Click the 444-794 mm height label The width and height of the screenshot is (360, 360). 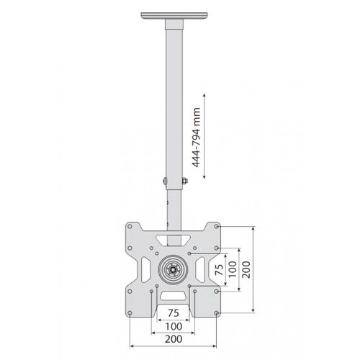(x=197, y=138)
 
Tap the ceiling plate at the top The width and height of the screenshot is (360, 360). (x=174, y=16)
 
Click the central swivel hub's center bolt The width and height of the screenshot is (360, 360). (x=173, y=270)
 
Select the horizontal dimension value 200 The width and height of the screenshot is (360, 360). (x=174, y=339)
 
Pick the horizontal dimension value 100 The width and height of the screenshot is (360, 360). (x=174, y=326)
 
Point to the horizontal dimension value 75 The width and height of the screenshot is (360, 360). (x=174, y=313)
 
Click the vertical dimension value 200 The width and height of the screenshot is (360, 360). (x=246, y=269)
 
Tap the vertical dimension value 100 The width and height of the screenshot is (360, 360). (x=233, y=269)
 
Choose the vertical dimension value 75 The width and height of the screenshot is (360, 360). (x=219, y=269)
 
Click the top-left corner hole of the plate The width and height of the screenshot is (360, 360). (x=130, y=226)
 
